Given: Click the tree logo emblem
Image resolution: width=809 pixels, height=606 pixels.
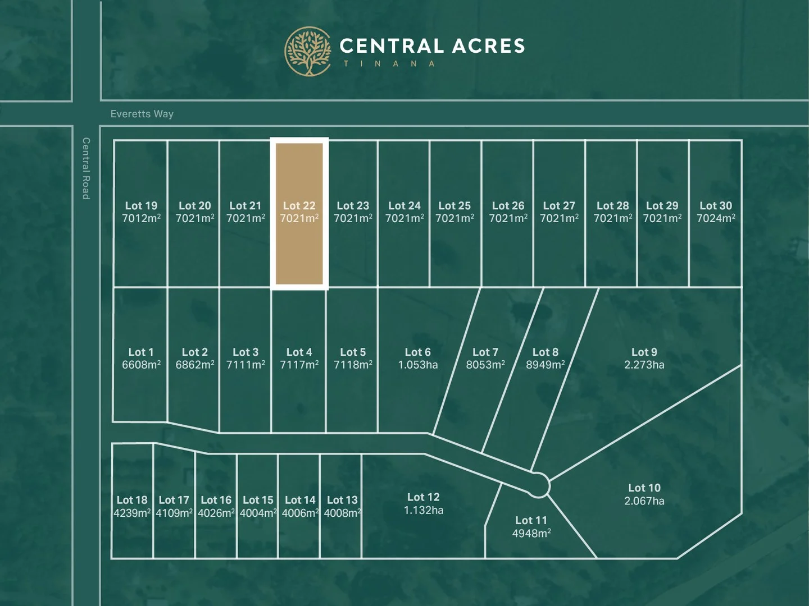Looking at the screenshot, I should pos(308,52).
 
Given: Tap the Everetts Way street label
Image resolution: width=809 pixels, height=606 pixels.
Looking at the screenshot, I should pos(142,114).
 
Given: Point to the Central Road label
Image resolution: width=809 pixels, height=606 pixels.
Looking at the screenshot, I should pos(86,168).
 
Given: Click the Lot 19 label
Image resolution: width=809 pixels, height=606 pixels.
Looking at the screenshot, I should pos(141,206).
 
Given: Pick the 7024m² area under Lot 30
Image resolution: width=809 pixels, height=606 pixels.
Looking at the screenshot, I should pos(716,219).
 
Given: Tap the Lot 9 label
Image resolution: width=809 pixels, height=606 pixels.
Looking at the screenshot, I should pos(644,352).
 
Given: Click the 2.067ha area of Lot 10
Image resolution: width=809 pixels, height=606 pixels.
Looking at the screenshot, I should pos(644,501).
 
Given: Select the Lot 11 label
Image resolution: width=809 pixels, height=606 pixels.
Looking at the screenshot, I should pos(531,521).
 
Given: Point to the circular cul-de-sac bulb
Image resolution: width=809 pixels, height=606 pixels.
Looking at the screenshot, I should pos(538,485).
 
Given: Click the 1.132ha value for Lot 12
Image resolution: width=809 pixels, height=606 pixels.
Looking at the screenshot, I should pos(424,511).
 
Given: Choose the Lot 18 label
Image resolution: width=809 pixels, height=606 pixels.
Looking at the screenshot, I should pos(132,500).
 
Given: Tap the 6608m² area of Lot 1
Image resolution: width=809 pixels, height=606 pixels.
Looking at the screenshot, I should pos(141,365).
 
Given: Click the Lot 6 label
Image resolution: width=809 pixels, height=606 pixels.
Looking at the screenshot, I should pos(418,352).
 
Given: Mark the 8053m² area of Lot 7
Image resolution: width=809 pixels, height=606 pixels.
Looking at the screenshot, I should pos(485,365).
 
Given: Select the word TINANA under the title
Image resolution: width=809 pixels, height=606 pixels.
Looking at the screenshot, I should pos(389,64).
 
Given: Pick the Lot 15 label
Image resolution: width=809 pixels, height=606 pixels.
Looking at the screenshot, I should pos(258,500).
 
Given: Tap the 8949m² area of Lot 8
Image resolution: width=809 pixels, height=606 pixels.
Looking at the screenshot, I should pos(545,365).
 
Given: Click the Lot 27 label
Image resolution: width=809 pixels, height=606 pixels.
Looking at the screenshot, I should pos(559,206).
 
